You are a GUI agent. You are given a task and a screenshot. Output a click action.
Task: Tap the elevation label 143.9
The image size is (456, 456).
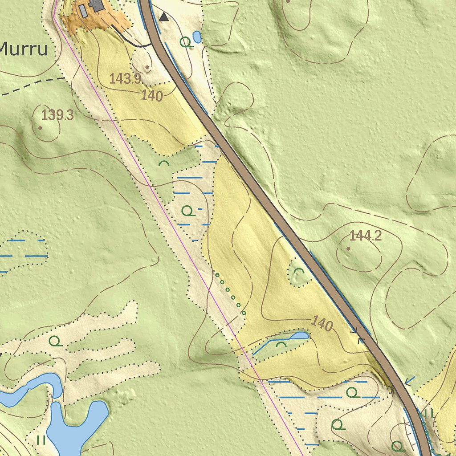125,79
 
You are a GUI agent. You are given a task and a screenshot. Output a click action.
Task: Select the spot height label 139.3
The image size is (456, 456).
57,115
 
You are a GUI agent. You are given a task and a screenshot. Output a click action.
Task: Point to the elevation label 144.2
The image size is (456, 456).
366,236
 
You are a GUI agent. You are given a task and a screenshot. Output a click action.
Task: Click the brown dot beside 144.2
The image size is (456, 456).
348,248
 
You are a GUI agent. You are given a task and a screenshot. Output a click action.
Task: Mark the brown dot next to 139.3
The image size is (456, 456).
40,128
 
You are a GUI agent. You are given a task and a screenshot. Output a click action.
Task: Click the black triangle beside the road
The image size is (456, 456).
164,17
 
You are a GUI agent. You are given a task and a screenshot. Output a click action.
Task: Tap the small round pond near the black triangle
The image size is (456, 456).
197,37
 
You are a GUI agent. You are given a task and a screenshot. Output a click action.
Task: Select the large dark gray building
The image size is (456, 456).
97,5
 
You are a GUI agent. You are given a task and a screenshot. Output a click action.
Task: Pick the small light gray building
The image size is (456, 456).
83,11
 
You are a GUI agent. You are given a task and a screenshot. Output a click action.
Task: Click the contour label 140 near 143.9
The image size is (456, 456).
151,95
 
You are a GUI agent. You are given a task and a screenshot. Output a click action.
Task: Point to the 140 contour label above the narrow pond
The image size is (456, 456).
322,323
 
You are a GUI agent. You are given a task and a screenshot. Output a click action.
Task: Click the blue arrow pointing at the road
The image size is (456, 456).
410,381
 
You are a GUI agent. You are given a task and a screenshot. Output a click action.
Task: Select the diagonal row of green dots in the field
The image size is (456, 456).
230,293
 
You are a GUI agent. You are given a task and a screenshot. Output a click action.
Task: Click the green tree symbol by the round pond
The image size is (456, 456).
187,42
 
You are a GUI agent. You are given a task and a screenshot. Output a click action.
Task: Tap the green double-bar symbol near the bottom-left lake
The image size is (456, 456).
41,440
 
